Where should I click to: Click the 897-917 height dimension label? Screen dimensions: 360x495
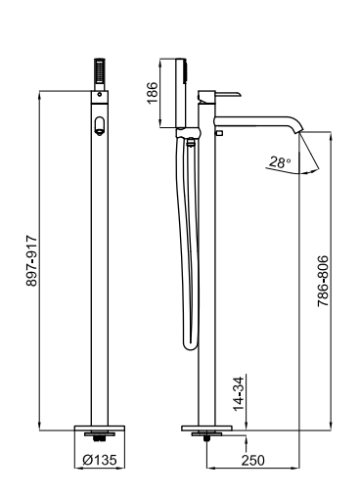pyautogui.click(x=32, y=260)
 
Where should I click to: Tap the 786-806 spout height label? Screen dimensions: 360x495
pyautogui.click(x=323, y=281)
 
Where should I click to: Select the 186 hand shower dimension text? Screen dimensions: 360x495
pyautogui.click(x=153, y=93)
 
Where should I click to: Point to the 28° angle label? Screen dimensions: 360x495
pyautogui.click(x=280, y=162)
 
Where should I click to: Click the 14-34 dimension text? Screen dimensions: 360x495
pyautogui.click(x=239, y=393)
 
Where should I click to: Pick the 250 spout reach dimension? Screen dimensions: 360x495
pyautogui.click(x=252, y=460)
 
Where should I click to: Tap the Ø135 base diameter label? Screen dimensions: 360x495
pyautogui.click(x=100, y=460)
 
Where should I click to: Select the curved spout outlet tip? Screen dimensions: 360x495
pyautogui.click(x=298, y=130)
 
